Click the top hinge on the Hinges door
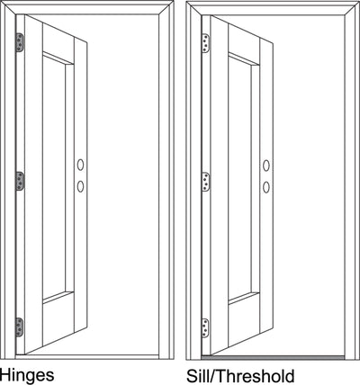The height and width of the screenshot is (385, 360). (x=20, y=42)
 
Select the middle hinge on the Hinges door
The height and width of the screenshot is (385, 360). (x=20, y=181)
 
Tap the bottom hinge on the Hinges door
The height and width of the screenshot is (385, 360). (x=20, y=327)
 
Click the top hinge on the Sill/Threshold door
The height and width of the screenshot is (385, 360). (x=206, y=43)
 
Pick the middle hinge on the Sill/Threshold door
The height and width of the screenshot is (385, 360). (x=206, y=182)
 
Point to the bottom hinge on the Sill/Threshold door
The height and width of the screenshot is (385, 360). (x=206, y=328)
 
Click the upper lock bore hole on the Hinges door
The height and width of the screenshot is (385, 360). (x=80, y=165)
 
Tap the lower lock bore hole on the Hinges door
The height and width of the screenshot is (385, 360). (x=80, y=186)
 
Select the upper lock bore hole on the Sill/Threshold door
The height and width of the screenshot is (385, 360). (x=266, y=166)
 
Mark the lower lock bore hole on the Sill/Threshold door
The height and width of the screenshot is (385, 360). (x=266, y=187)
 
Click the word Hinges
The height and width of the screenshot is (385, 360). (x=27, y=375)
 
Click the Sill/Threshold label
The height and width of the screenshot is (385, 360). (x=240, y=376)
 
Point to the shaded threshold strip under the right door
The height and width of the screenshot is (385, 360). (x=273, y=357)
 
